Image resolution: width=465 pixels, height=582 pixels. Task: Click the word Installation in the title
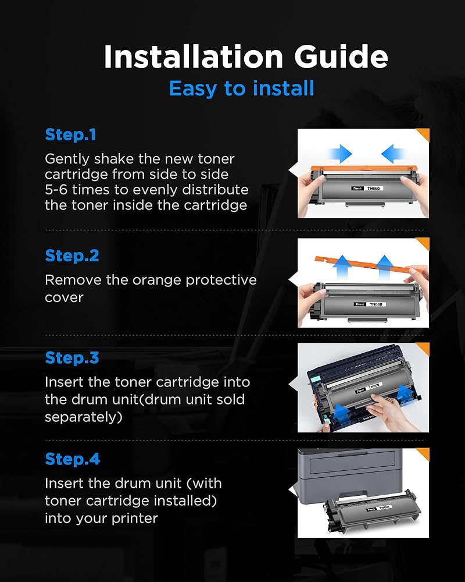pyautogui.click(x=194, y=56)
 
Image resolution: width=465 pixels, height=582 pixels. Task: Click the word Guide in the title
pyautogui.click(x=341, y=56)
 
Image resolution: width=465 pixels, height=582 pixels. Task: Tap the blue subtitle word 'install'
pyautogui.click(x=284, y=88)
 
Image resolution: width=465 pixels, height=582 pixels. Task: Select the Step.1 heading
pyautogui.click(x=70, y=134)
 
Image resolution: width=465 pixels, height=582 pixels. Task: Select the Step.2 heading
pyautogui.click(x=72, y=255)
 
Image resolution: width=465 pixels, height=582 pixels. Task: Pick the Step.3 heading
pyautogui.click(x=72, y=357)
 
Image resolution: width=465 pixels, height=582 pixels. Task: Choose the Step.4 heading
pyautogui.click(x=72, y=459)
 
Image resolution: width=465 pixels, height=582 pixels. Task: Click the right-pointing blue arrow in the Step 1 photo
pyautogui.click(x=339, y=153)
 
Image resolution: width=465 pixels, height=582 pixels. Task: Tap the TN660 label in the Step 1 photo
pyautogui.click(x=373, y=189)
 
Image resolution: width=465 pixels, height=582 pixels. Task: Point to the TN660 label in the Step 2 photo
pyautogui.click(x=376, y=304)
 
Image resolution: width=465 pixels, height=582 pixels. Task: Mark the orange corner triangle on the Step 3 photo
pyautogui.click(x=424, y=348)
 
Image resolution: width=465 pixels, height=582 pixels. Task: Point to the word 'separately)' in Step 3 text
pyautogui.click(x=84, y=417)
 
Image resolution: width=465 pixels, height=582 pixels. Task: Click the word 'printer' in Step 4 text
pyautogui.click(x=135, y=519)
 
